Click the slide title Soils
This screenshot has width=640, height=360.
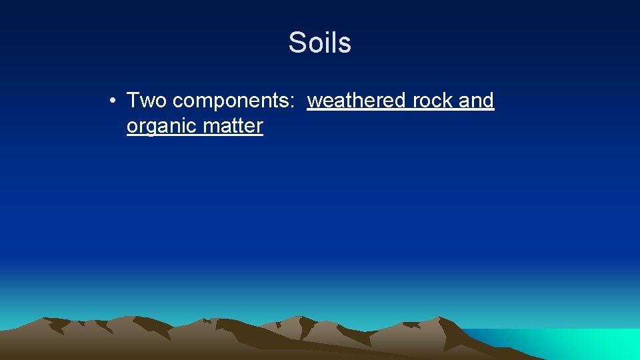(320, 43)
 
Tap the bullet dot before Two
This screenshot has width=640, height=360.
(115, 101)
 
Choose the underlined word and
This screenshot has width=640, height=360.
(476, 101)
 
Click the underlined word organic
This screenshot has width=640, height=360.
(158, 127)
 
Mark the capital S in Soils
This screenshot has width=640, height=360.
(297, 43)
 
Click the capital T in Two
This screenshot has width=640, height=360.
(133, 101)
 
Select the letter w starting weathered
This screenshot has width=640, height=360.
(313, 101)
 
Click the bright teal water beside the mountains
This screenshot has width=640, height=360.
(600, 344)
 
